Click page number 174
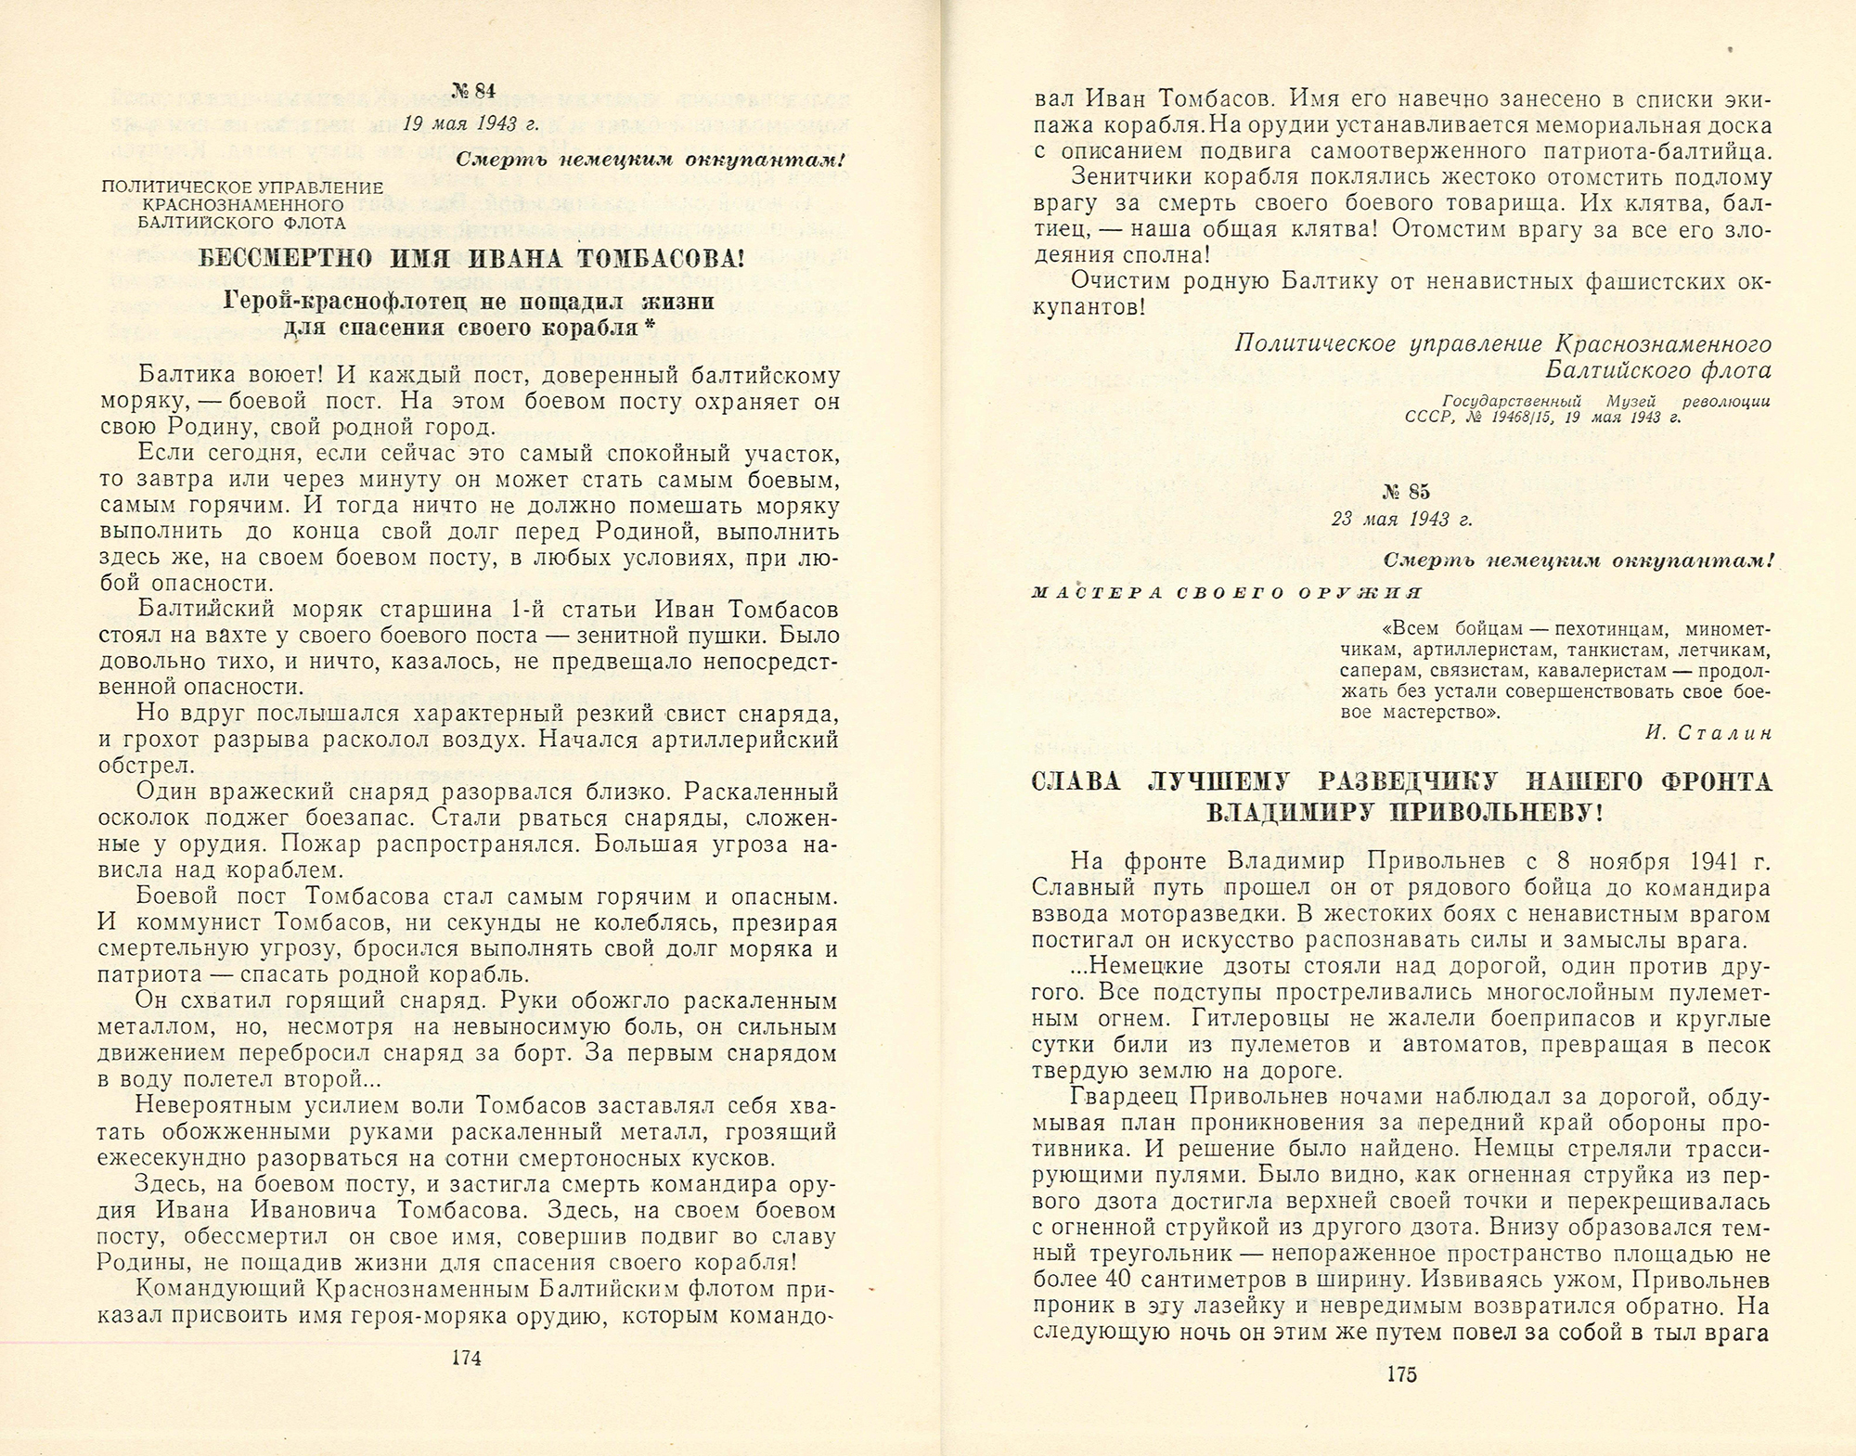pyautogui.click(x=466, y=1359)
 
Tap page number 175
pyautogui.click(x=1400, y=1375)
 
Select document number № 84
pyautogui.click(x=473, y=90)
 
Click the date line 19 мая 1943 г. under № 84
pyautogui.click(x=471, y=124)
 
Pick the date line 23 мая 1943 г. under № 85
pyautogui.click(x=1401, y=520)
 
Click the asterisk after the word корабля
pyautogui.click(x=647, y=327)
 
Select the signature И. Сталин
pyautogui.click(x=1707, y=733)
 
